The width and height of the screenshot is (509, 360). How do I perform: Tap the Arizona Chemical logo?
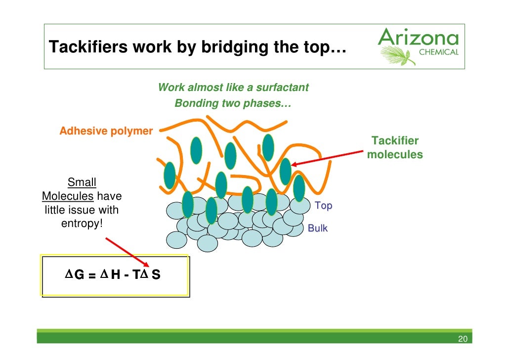[418, 45]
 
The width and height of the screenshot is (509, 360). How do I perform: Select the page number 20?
[463, 339]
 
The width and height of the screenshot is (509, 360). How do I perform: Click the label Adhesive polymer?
[106, 131]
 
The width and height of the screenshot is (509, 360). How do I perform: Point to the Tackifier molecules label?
[395, 148]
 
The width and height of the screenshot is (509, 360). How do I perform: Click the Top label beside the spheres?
[323, 206]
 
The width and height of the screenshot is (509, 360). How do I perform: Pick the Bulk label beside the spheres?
[318, 228]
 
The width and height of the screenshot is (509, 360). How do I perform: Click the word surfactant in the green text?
[284, 88]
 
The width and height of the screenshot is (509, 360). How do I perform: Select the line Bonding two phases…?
[233, 104]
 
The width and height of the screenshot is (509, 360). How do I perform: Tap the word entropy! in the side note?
[82, 224]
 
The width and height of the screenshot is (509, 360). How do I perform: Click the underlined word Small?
[82, 182]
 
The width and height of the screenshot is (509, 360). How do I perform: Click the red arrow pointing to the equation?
[127, 252]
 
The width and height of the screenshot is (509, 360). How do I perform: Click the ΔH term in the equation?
[111, 275]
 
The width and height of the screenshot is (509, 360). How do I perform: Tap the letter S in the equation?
[156, 275]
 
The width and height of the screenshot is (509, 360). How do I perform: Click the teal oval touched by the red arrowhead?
[285, 171]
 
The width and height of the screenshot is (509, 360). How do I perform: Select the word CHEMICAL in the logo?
[438, 52]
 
